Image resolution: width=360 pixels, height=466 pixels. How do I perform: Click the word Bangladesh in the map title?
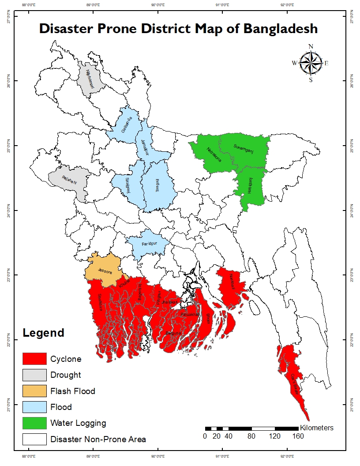pyautogui.click(x=280, y=29)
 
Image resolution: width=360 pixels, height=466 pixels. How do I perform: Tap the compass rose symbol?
pyautogui.click(x=311, y=63)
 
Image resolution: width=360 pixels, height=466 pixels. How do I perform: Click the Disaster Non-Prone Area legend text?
pyautogui.click(x=98, y=439)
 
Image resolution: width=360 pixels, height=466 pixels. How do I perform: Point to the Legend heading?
pyautogui.click(x=44, y=333)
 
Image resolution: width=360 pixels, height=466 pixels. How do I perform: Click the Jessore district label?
pyautogui.click(x=105, y=272)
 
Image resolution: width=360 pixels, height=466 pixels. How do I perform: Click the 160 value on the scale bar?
pyautogui.click(x=298, y=437)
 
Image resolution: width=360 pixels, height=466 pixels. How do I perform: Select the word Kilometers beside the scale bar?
pyautogui.click(x=316, y=428)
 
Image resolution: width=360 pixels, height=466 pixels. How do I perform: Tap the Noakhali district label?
pyautogui.click(x=233, y=282)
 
